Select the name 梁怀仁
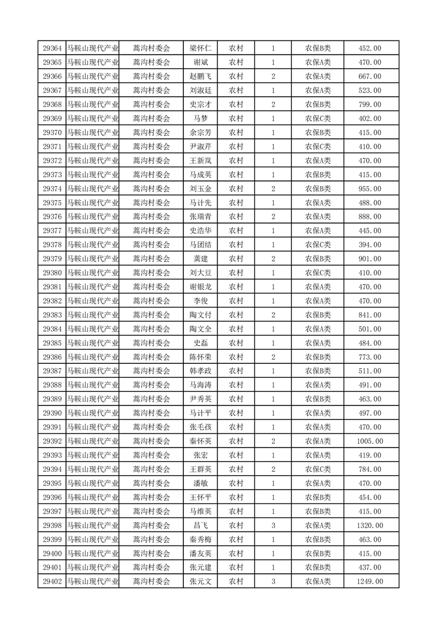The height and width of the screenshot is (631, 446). point(200,48)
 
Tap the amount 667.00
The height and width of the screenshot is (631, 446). point(370,76)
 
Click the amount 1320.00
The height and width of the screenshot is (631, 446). point(370,525)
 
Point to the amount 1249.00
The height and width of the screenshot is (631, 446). point(370,582)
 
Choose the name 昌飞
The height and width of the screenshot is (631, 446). point(200,525)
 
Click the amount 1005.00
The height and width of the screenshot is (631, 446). point(370,441)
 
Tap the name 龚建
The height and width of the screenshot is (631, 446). point(200,259)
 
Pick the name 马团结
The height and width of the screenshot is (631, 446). point(200,245)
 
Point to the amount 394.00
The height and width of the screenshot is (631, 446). point(370,245)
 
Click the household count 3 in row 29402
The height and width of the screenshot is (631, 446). point(273,582)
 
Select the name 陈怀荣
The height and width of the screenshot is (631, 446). point(200,357)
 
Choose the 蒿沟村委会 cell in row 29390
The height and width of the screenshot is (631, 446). point(151,413)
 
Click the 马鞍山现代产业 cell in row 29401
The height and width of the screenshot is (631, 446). point(93,567)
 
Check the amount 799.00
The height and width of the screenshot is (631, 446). point(370,105)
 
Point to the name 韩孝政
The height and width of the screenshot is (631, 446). point(200,371)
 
